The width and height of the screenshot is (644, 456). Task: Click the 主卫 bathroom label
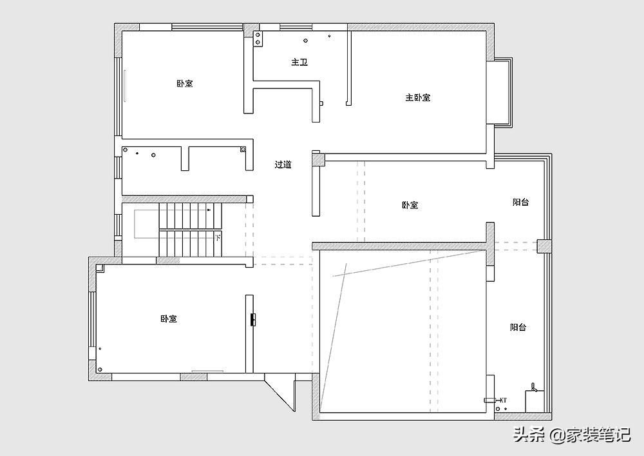299,62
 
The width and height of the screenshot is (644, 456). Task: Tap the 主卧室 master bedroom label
418,97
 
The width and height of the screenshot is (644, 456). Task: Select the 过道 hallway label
283,164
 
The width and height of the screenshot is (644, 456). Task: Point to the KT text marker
503,400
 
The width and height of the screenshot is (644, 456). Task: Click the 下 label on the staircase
218,237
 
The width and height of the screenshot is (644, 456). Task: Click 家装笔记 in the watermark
598,434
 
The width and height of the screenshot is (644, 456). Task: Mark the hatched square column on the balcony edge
545,246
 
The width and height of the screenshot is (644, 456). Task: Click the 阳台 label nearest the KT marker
518,327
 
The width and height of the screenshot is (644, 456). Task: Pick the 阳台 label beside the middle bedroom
520,202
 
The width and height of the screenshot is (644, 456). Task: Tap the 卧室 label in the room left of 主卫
185,83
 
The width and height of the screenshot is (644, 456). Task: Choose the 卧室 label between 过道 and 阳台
410,204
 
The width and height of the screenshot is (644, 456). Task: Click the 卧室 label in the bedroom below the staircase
168,319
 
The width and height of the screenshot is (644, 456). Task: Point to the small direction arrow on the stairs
209,210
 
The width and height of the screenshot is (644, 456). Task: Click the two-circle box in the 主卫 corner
258,39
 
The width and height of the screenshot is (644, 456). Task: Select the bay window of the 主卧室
504,92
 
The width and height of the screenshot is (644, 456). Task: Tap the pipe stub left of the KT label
489,400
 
